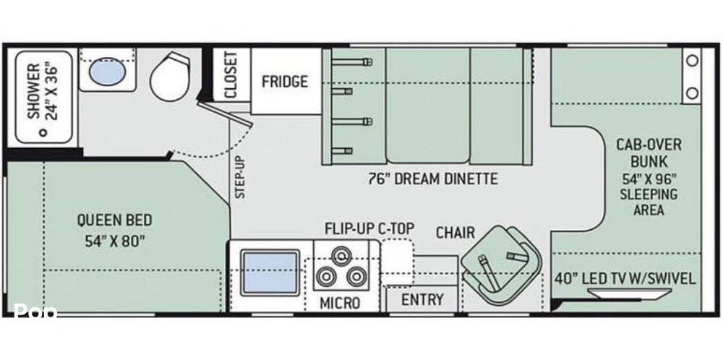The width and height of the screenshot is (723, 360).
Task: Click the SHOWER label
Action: pos(33,91)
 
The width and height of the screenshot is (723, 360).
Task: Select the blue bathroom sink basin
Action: pos(107,72)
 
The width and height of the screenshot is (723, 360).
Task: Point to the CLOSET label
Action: pos(231,74)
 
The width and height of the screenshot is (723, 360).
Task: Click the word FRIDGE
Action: pos(284,82)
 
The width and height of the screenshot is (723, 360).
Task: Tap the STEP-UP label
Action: pos(241,177)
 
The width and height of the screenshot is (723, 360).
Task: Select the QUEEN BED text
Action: pos(114,220)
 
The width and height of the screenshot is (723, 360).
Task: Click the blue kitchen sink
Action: pos(270,273)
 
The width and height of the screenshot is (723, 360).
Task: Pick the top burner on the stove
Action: pos(341,255)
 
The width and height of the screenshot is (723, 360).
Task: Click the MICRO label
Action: pos(340,304)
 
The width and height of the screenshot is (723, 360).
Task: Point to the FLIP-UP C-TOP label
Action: pos(369,228)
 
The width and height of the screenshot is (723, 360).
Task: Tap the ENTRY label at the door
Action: pos(422,299)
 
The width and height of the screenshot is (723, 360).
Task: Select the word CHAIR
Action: pos(455,233)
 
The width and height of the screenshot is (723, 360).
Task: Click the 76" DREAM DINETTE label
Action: pos(433,179)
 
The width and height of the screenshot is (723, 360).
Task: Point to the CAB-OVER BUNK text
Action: pos(649,153)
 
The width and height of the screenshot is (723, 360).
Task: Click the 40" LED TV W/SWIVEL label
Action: pos(625,279)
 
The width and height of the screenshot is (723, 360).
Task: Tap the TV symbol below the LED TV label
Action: pos(617,293)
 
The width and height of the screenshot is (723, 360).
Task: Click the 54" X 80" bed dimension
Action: pos(115,241)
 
